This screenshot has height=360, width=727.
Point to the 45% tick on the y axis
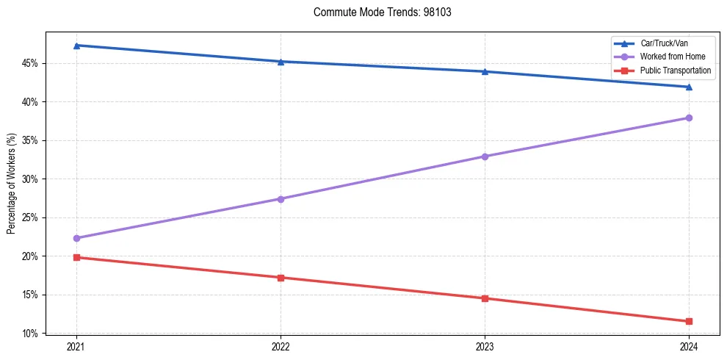point(31,63)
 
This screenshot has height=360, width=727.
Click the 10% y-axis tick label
point(31,334)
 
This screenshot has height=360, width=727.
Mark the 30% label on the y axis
point(31,179)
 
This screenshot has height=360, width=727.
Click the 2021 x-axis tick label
point(76,346)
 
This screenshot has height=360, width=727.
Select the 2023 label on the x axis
point(485,346)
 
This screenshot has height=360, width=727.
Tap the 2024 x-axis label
point(689,346)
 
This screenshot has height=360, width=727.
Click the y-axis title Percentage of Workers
point(11,183)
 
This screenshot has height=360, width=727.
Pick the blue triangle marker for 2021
point(76,46)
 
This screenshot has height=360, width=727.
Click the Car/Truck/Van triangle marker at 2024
point(689,87)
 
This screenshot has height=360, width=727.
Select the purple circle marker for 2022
point(281,199)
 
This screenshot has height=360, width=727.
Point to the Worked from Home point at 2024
point(689,118)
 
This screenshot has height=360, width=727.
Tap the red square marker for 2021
point(76,257)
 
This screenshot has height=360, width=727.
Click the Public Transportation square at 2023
point(485,298)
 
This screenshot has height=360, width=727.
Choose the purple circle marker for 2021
point(76,238)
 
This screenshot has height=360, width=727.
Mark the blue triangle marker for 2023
point(485,71)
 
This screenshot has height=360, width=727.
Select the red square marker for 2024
point(689,321)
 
